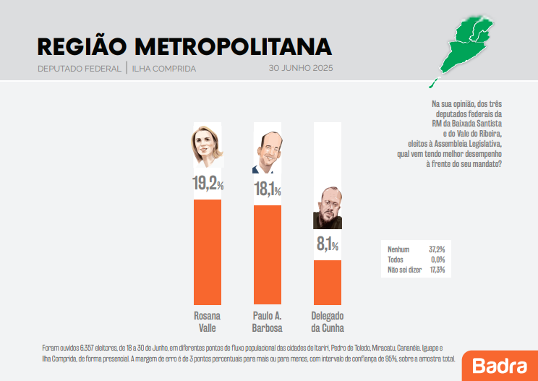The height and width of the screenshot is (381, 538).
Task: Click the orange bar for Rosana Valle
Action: click(x=208, y=252)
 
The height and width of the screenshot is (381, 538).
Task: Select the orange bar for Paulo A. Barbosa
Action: click(x=267, y=254)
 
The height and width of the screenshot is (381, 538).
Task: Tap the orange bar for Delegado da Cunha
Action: click(x=327, y=282)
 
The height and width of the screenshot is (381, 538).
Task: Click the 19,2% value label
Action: click(x=208, y=184)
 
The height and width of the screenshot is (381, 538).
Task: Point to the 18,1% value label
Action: click(x=267, y=190)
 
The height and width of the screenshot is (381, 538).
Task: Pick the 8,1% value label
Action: click(x=327, y=245)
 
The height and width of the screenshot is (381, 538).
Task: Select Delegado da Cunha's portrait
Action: click(x=327, y=209)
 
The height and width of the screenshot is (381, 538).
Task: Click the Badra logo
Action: click(x=500, y=365)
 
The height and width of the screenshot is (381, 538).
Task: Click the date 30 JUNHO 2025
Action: click(x=300, y=69)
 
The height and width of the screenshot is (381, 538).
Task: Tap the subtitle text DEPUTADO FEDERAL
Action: click(x=80, y=69)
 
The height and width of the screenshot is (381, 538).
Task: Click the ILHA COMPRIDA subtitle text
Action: click(x=164, y=69)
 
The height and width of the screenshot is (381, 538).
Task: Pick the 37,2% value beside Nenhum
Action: click(x=436, y=249)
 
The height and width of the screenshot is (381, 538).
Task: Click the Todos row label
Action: click(x=396, y=260)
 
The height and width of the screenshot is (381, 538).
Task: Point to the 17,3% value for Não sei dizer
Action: click(x=436, y=270)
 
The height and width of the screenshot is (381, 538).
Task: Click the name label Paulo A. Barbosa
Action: click(x=267, y=321)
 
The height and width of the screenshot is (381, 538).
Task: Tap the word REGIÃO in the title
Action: click(x=80, y=46)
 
